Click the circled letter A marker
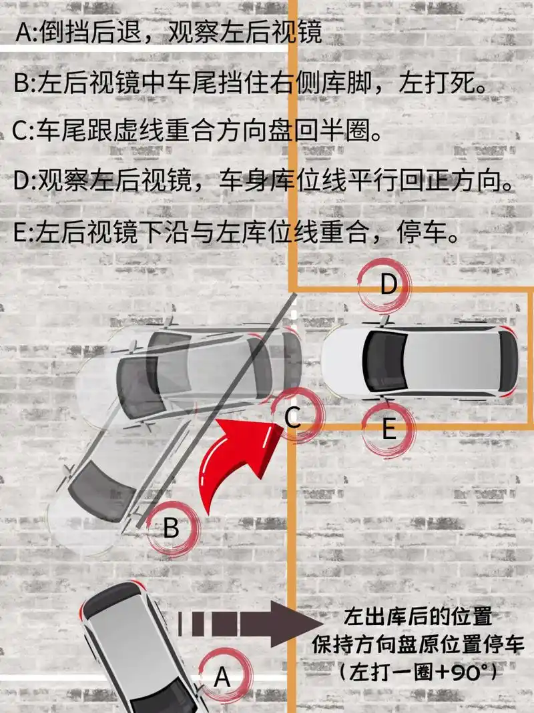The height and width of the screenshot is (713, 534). pyautogui.click(x=222, y=677)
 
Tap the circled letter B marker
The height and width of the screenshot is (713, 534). pyautogui.click(x=172, y=528)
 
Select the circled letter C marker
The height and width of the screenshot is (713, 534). pyautogui.click(x=292, y=417)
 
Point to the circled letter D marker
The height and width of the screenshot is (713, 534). pyautogui.click(x=388, y=285)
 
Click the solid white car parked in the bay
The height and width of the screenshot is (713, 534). pyautogui.click(x=421, y=361)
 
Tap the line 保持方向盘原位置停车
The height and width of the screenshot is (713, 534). pyautogui.click(x=418, y=644)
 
